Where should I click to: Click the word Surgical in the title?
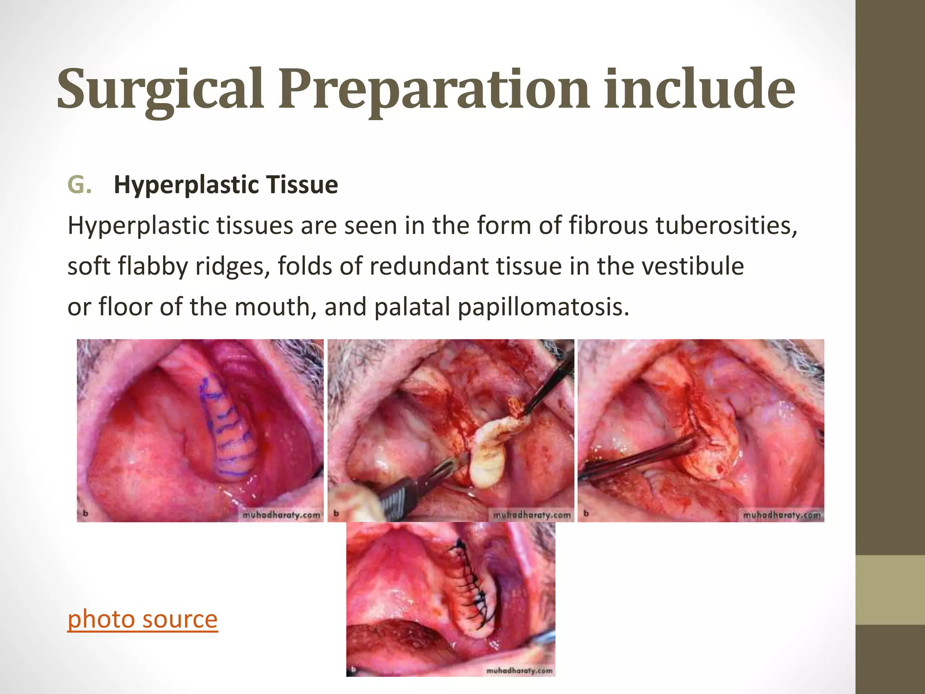[x=160, y=89]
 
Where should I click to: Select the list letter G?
[x=79, y=184]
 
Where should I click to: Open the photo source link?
[x=142, y=619]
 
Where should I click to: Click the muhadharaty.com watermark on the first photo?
[x=281, y=515]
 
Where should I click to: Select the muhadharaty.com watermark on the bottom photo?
[x=519, y=671]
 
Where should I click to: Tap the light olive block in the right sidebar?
[x=890, y=590]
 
